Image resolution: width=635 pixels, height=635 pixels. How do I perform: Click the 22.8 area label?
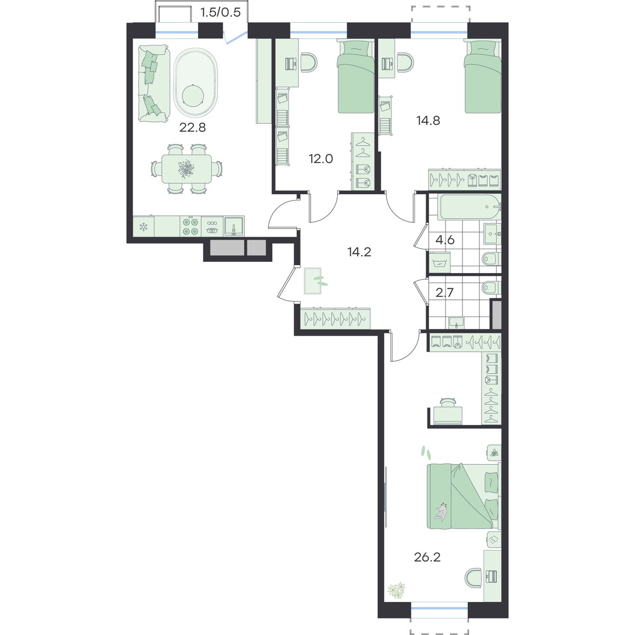[x=193, y=127]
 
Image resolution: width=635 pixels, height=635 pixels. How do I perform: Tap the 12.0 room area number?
[x=321, y=159]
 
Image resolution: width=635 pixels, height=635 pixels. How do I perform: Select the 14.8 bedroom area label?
[x=428, y=121]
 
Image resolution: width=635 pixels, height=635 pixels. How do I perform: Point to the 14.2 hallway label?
[x=359, y=252]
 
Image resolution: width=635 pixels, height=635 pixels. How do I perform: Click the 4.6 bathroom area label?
[x=445, y=240]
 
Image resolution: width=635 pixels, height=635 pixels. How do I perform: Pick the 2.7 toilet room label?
[x=444, y=292]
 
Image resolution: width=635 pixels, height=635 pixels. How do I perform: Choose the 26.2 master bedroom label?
[x=427, y=557]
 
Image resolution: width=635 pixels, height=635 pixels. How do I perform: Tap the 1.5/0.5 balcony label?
[x=221, y=13]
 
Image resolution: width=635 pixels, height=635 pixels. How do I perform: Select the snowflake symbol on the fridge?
[x=143, y=226]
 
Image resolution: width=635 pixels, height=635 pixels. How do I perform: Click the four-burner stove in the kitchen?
[x=190, y=226]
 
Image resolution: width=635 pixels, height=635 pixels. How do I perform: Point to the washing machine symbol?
[x=440, y=263]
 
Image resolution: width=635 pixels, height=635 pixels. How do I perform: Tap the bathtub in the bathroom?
[x=469, y=207]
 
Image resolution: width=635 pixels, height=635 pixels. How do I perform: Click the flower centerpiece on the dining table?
[x=186, y=168]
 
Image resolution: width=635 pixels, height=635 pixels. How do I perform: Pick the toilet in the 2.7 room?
[x=491, y=287]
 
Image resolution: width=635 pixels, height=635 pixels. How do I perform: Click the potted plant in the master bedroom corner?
[x=396, y=589]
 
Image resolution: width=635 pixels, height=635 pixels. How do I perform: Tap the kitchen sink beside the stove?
[x=234, y=226]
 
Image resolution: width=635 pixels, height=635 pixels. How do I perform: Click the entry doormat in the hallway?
[x=312, y=280]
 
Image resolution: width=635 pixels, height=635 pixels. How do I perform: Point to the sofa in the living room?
[x=153, y=84]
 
